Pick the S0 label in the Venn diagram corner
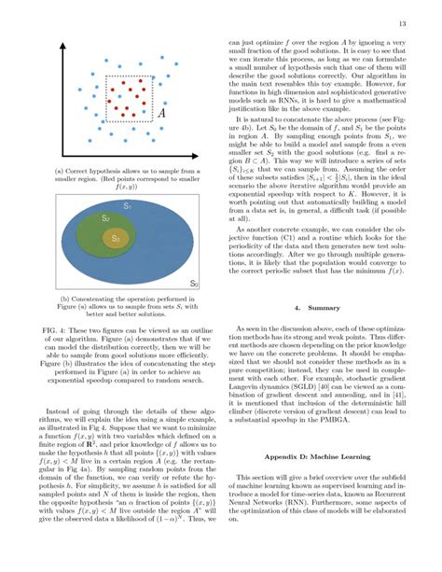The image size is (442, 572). (x=193, y=283)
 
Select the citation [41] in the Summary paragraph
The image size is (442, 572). (x=407, y=414)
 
